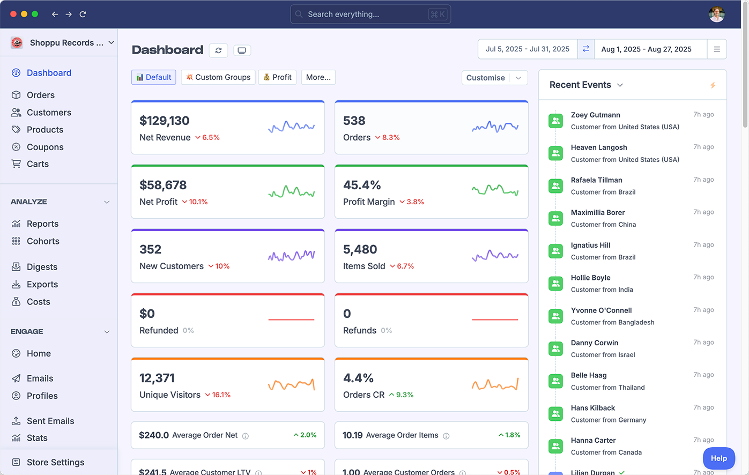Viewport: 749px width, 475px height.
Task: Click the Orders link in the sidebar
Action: click(40, 95)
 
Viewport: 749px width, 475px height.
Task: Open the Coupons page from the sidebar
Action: click(45, 147)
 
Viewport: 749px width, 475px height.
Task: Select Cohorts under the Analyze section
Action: click(43, 241)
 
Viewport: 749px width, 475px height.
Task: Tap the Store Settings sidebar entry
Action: click(55, 462)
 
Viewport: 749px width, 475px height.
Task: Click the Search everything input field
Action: click(365, 14)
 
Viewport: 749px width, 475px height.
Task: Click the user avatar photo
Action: click(716, 14)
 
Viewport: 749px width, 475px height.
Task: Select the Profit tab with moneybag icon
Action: click(278, 77)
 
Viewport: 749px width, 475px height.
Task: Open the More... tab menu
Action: click(318, 77)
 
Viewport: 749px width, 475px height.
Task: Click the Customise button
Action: click(486, 78)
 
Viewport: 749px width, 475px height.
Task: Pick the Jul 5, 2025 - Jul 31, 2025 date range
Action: click(528, 49)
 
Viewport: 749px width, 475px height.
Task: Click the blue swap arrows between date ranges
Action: click(586, 49)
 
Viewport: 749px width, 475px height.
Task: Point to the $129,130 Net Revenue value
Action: click(165, 121)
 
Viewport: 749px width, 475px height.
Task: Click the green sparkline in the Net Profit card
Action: click(291, 191)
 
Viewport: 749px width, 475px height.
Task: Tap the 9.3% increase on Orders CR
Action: click(402, 395)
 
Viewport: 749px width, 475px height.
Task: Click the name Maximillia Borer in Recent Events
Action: click(598, 212)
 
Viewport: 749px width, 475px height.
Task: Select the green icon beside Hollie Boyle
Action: click(556, 284)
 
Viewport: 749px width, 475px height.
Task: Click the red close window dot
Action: click(13, 14)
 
